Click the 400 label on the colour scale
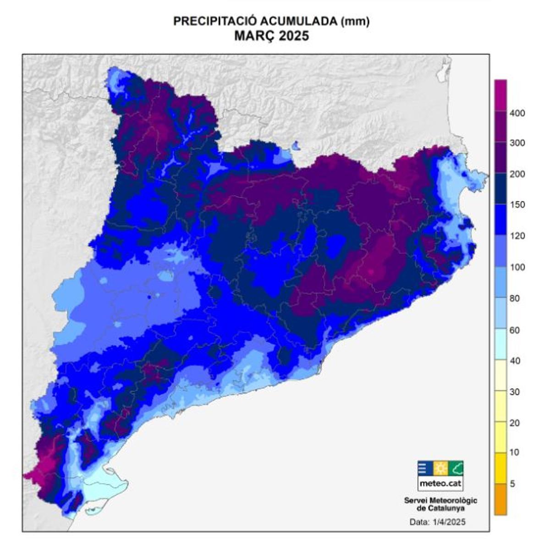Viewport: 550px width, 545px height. (x=517, y=113)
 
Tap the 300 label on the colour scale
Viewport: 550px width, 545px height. (x=517, y=143)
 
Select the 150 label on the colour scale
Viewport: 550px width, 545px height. (x=517, y=205)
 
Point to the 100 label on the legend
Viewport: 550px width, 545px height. (x=517, y=267)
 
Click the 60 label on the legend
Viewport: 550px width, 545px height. (x=515, y=330)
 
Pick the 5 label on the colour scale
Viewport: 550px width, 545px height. (x=512, y=484)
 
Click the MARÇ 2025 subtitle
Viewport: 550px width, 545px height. (x=271, y=36)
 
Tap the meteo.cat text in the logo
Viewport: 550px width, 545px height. (x=440, y=484)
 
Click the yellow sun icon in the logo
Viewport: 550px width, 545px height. (x=440, y=468)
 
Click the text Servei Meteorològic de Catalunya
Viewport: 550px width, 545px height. (x=440, y=504)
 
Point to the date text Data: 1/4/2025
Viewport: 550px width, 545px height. (x=437, y=522)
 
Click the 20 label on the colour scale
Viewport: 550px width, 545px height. (x=515, y=423)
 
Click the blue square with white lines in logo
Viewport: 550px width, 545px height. (x=424, y=468)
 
